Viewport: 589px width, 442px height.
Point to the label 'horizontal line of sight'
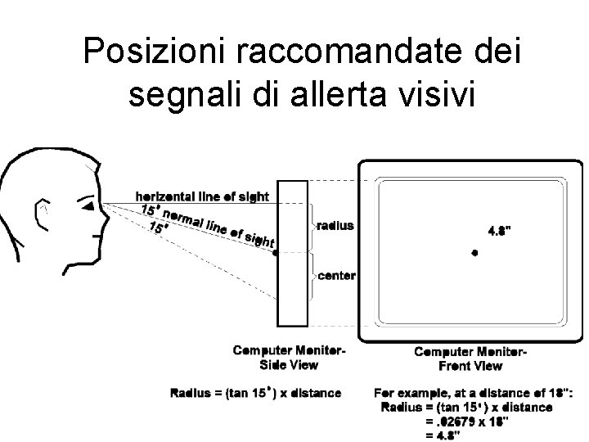point(202,196)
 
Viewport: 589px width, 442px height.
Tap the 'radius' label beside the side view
point(335,225)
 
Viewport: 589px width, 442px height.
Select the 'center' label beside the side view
point(336,275)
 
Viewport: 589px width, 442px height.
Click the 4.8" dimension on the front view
point(501,231)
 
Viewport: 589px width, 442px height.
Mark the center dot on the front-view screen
point(474,253)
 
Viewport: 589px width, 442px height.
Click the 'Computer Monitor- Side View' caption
point(289,358)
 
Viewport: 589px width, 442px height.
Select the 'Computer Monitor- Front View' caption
point(470,359)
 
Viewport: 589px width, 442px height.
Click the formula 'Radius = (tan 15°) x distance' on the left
point(255,393)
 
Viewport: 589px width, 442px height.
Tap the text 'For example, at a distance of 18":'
point(474,393)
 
